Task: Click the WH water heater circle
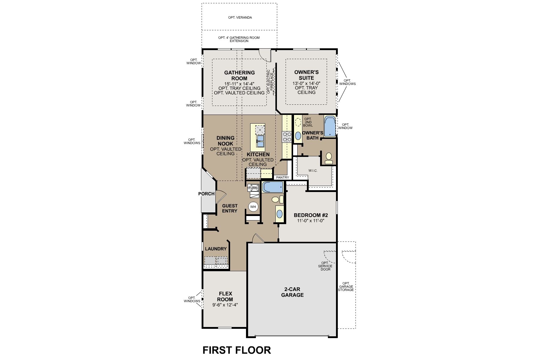[x=253, y=207]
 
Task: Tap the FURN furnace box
[x=253, y=188]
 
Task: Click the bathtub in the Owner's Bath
[x=329, y=126]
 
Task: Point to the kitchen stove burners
[x=287, y=137]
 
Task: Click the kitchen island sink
[x=260, y=141]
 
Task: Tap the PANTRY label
[x=282, y=178]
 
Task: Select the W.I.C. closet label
[x=313, y=171]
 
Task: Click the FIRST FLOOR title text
[x=237, y=350]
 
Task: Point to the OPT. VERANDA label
[x=240, y=18]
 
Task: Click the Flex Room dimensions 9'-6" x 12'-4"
[x=225, y=305]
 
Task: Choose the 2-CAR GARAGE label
[x=292, y=292]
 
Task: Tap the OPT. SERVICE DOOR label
[x=325, y=266]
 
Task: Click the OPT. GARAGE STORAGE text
[x=346, y=286]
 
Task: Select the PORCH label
[x=206, y=194]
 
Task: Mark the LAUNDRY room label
[x=216, y=249]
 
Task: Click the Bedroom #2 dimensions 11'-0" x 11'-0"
[x=311, y=221]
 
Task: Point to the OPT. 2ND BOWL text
[x=308, y=122]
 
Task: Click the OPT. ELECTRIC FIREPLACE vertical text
[x=271, y=82]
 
